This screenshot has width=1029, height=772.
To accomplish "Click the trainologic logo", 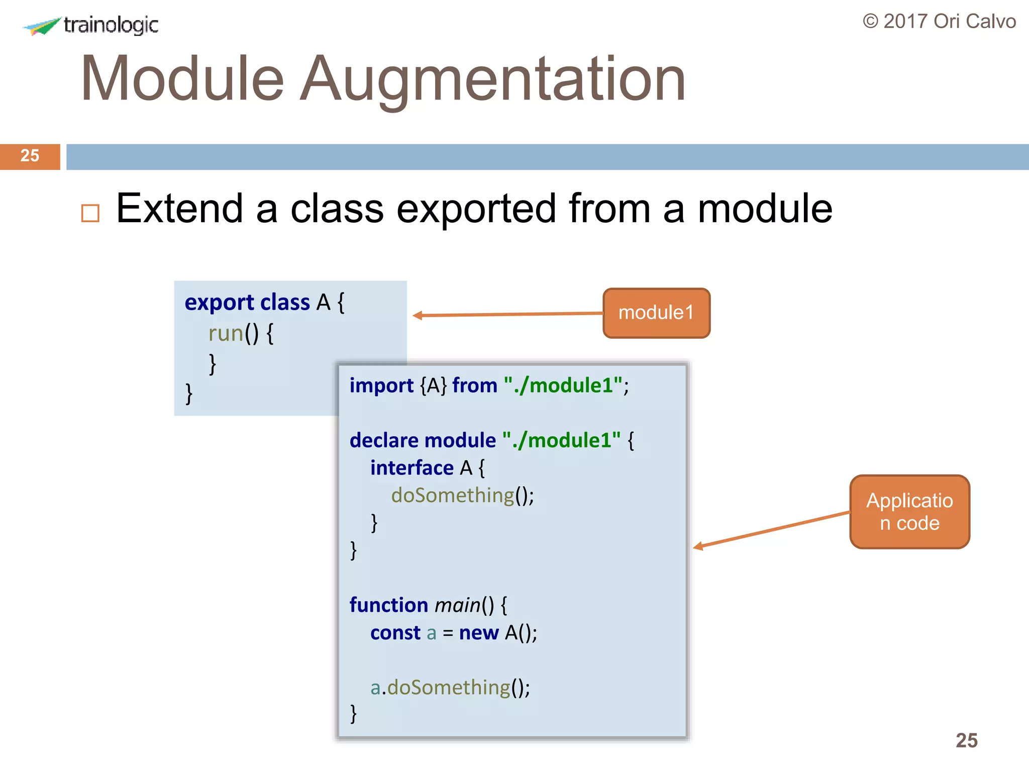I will pos(90,25).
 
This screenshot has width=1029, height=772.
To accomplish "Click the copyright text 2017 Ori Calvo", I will pos(939,22).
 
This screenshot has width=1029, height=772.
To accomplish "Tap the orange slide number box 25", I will pos(30,156).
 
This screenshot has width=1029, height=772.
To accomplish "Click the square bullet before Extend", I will pos(90,213).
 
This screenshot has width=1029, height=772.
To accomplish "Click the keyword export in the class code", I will pos(219,303).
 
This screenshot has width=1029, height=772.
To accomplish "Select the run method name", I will pos(226,333).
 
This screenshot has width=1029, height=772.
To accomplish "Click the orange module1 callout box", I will pos(656,313).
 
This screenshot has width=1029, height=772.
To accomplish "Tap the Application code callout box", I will pos(909,512).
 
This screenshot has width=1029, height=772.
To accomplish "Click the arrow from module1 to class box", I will pos(507,315).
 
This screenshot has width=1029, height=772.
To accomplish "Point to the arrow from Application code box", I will pos(771,529).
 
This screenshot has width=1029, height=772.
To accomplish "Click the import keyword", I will pos(381,385).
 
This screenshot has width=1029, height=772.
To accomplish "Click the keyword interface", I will pos(412,468).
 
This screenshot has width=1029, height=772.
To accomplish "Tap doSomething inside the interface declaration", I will pos(453,496).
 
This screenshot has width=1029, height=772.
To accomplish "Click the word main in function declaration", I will pos(458,605).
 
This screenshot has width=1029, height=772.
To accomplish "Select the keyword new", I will pos(479,633).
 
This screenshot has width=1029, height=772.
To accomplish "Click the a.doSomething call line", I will pos(450,688).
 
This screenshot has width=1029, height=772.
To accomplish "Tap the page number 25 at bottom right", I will pos(966,740).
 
